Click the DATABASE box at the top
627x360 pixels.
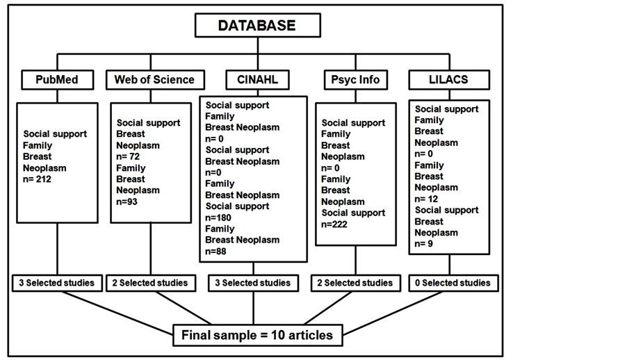coord(258,25)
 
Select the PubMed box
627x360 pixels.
coord(57,80)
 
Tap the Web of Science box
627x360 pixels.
coord(155,80)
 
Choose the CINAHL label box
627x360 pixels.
coord(257,80)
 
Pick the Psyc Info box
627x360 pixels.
coord(355,80)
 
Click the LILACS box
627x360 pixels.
coord(449,80)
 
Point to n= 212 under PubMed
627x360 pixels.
coord(37,179)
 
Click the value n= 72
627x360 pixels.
coord(128,156)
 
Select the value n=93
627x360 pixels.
coord(127,202)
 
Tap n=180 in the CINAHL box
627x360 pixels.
coord(218,218)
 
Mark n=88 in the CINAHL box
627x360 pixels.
coord(216,251)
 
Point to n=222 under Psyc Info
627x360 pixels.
coord(334,224)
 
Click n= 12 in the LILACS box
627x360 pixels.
coord(426,199)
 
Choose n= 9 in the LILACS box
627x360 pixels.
coord(424,244)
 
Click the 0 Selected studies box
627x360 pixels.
coord(453,283)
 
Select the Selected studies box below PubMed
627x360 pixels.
coord(57,283)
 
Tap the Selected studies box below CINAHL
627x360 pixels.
coord(253,283)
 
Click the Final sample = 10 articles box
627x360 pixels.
coord(258,335)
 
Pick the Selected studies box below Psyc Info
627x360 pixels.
coord(356,283)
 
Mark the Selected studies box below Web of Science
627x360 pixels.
coord(151,283)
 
